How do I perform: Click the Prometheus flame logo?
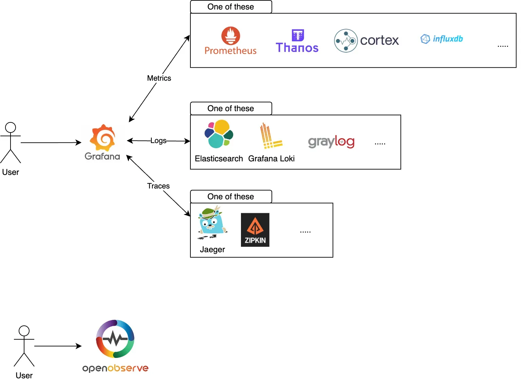point(231,36)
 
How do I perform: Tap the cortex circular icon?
point(346,41)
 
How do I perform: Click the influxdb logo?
point(442,39)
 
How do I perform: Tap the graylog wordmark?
point(331,142)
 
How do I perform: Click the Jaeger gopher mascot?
point(212,223)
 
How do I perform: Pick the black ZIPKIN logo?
point(255,230)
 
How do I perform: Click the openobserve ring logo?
point(115,339)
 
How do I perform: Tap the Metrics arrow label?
point(159,78)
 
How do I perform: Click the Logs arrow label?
point(158,141)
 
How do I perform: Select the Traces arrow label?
point(158,186)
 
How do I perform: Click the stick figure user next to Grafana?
point(11,143)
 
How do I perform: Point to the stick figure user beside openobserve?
point(24,346)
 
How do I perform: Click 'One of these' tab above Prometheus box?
point(231,7)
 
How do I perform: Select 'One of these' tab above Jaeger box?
point(231,197)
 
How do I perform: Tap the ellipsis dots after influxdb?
point(503,46)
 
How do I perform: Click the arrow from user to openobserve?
point(58,346)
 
